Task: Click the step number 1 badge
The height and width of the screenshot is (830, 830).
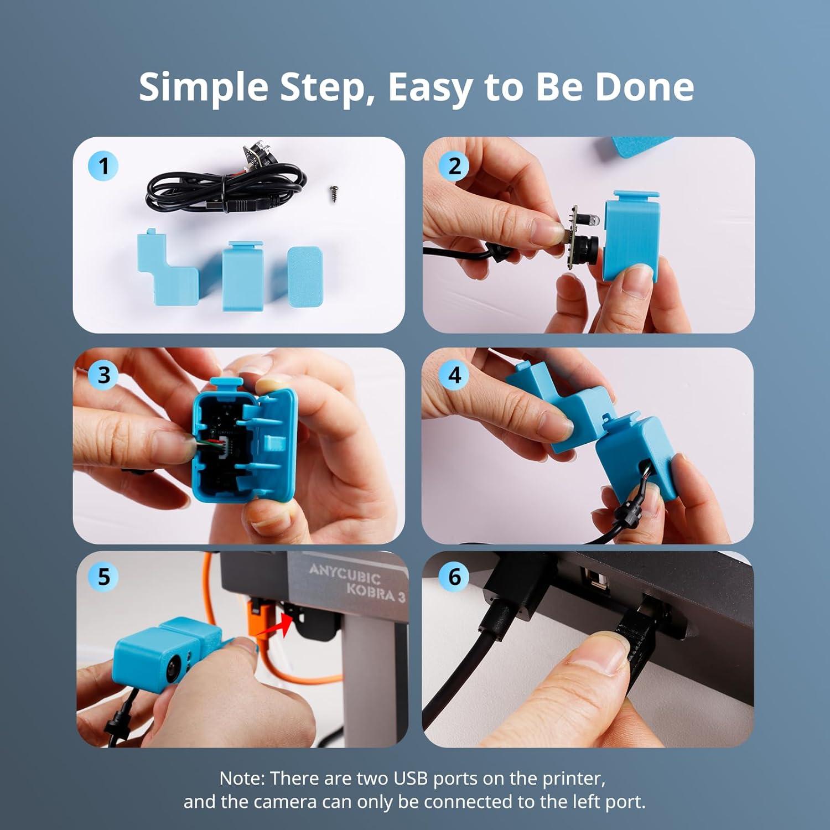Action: pyautogui.click(x=103, y=165)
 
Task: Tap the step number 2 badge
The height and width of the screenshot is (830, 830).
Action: pyautogui.click(x=454, y=165)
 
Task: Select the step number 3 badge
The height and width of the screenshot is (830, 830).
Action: pyautogui.click(x=103, y=375)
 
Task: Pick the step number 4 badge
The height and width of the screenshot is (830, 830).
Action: pyautogui.click(x=454, y=375)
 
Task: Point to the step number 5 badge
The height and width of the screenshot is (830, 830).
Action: pyautogui.click(x=103, y=577)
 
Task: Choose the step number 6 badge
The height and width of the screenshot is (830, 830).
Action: pyautogui.click(x=454, y=577)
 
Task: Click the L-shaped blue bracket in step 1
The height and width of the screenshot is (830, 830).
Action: pyautogui.click(x=166, y=271)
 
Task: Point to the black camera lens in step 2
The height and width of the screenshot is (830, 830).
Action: pyautogui.click(x=588, y=246)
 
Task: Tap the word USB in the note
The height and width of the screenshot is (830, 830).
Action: pyautogui.click(x=411, y=779)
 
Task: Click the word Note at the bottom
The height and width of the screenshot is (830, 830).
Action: pyautogui.click(x=242, y=779)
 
